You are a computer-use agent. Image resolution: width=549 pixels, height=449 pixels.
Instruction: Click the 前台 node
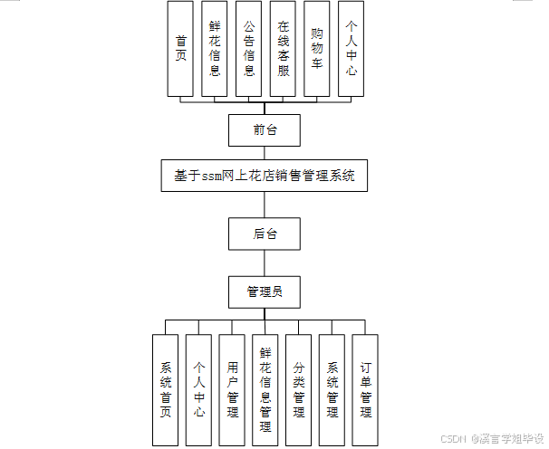pyautogui.click(x=265, y=130)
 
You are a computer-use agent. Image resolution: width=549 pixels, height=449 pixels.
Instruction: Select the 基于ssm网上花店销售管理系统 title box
pyautogui.click(x=265, y=176)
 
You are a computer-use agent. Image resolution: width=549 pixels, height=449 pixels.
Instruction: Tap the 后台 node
pyautogui.click(x=265, y=234)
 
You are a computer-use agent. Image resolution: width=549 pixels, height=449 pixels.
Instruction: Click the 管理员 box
pyautogui.click(x=265, y=291)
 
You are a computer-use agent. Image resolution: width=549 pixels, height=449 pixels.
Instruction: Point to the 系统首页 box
pyautogui.click(x=166, y=389)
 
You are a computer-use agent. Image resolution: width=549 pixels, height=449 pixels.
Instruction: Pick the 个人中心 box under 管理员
pyautogui.click(x=199, y=389)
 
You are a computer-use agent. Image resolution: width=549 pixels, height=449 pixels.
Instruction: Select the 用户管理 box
pyautogui.click(x=233, y=389)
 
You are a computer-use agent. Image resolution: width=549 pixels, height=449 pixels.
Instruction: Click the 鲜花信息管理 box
pyautogui.click(x=265, y=389)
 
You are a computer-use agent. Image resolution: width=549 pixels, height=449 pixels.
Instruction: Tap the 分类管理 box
pyautogui.click(x=299, y=389)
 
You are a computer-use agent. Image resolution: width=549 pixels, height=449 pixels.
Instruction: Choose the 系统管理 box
pyautogui.click(x=332, y=389)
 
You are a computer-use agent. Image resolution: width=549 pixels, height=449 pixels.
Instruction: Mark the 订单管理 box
pyautogui.click(x=365, y=389)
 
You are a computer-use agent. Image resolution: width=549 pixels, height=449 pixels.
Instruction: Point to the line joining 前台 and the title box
pyautogui.click(x=265, y=153)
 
